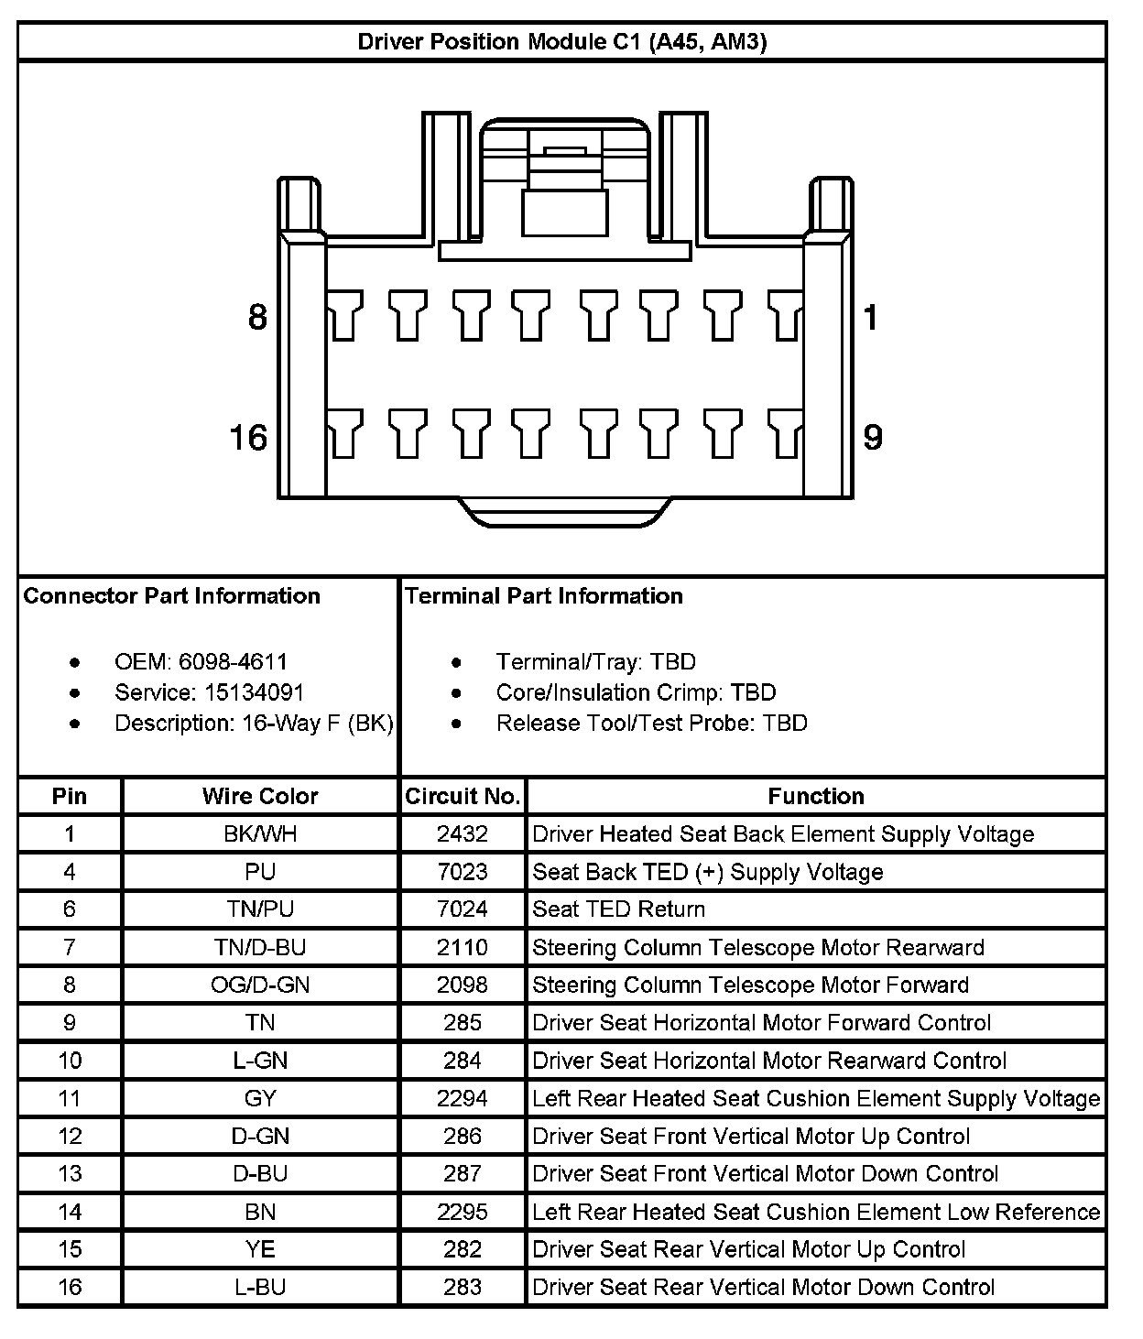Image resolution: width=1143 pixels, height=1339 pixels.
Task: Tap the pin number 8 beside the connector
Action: (258, 318)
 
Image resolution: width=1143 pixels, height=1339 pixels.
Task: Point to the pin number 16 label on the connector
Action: (248, 438)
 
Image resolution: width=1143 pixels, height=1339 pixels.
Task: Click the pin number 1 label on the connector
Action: (870, 318)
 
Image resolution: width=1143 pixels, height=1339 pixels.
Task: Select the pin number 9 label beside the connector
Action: (873, 438)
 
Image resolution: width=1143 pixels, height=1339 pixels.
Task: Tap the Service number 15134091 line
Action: (209, 692)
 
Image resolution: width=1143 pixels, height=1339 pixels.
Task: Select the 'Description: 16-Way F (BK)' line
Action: (254, 724)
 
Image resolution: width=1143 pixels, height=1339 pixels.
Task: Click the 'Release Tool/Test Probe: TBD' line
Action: (651, 724)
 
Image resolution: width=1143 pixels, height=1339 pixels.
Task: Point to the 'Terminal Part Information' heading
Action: (544, 596)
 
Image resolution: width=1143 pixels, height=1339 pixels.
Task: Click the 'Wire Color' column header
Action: (260, 797)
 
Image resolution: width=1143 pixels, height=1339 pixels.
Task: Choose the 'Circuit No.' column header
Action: (463, 797)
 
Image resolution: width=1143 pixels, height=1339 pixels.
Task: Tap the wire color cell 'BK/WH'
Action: (260, 834)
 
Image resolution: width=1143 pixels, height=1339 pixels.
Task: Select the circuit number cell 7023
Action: (463, 872)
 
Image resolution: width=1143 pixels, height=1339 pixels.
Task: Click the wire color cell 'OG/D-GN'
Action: (260, 985)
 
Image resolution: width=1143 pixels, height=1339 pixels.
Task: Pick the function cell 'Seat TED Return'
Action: (619, 909)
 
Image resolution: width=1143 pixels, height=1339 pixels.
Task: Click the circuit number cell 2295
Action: (463, 1213)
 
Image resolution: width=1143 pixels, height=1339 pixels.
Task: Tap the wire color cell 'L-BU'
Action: (260, 1288)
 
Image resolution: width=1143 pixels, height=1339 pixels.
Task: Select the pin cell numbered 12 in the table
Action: (70, 1137)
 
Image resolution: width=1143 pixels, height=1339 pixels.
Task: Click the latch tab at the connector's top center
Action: (565, 212)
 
